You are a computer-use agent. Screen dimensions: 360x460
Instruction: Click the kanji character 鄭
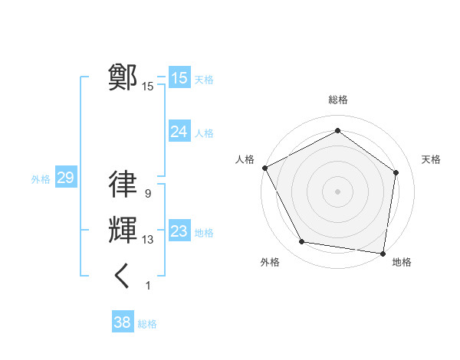(123, 77)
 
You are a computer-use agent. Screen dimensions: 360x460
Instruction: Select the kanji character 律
(123, 185)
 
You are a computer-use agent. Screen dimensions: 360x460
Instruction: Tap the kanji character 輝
(123, 231)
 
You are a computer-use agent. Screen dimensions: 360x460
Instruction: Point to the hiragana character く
(123, 276)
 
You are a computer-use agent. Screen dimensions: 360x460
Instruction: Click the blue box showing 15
(179, 78)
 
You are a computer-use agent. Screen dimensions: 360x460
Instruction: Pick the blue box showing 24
(179, 132)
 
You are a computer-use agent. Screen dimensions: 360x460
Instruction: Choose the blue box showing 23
(179, 231)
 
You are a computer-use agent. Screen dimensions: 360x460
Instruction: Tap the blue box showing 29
(65, 178)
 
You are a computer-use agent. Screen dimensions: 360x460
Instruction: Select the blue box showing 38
(123, 322)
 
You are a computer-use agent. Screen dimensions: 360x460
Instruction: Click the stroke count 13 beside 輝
(147, 241)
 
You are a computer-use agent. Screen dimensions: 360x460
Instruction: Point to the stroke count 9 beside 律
(147, 195)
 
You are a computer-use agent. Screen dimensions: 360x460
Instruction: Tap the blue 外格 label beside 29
(41, 179)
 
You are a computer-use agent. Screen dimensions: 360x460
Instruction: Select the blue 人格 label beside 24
(204, 133)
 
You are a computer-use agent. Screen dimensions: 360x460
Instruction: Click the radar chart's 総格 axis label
(337, 100)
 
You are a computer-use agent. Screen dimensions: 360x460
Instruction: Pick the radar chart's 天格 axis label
(431, 159)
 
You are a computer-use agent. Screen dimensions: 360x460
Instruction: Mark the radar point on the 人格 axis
(264, 168)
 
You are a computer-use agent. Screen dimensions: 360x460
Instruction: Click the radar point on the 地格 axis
(383, 253)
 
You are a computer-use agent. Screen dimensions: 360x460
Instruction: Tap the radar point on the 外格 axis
(302, 242)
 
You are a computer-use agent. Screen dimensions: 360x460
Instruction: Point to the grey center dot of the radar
(337, 191)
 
